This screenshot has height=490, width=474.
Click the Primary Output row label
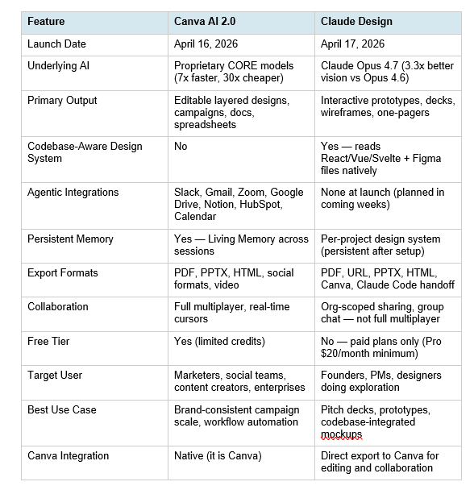(x=62, y=100)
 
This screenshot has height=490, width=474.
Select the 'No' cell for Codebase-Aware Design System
(x=181, y=146)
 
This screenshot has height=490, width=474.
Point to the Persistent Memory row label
(x=70, y=239)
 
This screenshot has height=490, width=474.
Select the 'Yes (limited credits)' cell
(x=218, y=341)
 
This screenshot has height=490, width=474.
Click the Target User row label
(x=55, y=375)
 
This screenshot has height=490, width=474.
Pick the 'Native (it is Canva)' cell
(x=218, y=455)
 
